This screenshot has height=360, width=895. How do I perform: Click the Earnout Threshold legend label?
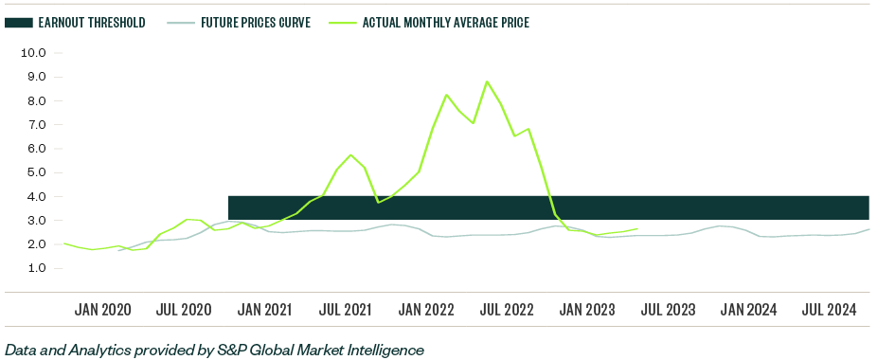[91, 22]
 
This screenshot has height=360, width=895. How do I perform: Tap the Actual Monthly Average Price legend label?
[445, 22]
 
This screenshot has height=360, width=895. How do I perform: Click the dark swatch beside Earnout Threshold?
[18, 22]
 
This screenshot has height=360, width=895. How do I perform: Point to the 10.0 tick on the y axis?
[34, 53]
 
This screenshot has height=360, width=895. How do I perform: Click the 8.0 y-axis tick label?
[34, 101]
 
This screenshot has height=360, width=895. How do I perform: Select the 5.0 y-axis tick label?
[34, 172]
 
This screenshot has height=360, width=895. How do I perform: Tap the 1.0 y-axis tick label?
[34, 268]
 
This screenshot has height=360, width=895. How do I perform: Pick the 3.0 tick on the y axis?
[34, 221]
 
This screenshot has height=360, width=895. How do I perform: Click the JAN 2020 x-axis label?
[102, 310]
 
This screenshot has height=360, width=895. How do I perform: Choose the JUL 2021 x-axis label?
[345, 310]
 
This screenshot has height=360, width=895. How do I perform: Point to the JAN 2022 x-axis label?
[425, 310]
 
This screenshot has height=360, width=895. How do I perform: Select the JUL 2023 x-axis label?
[668, 310]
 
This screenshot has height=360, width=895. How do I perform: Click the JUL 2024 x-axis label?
[830, 310]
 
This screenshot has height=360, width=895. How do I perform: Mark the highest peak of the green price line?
[487, 81]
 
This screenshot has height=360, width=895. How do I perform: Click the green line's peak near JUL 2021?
[350, 155]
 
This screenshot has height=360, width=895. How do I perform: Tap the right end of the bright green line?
[637, 228]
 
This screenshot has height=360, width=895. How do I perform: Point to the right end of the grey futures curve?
[869, 229]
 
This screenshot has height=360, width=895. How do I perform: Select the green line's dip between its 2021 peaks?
[378, 202]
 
